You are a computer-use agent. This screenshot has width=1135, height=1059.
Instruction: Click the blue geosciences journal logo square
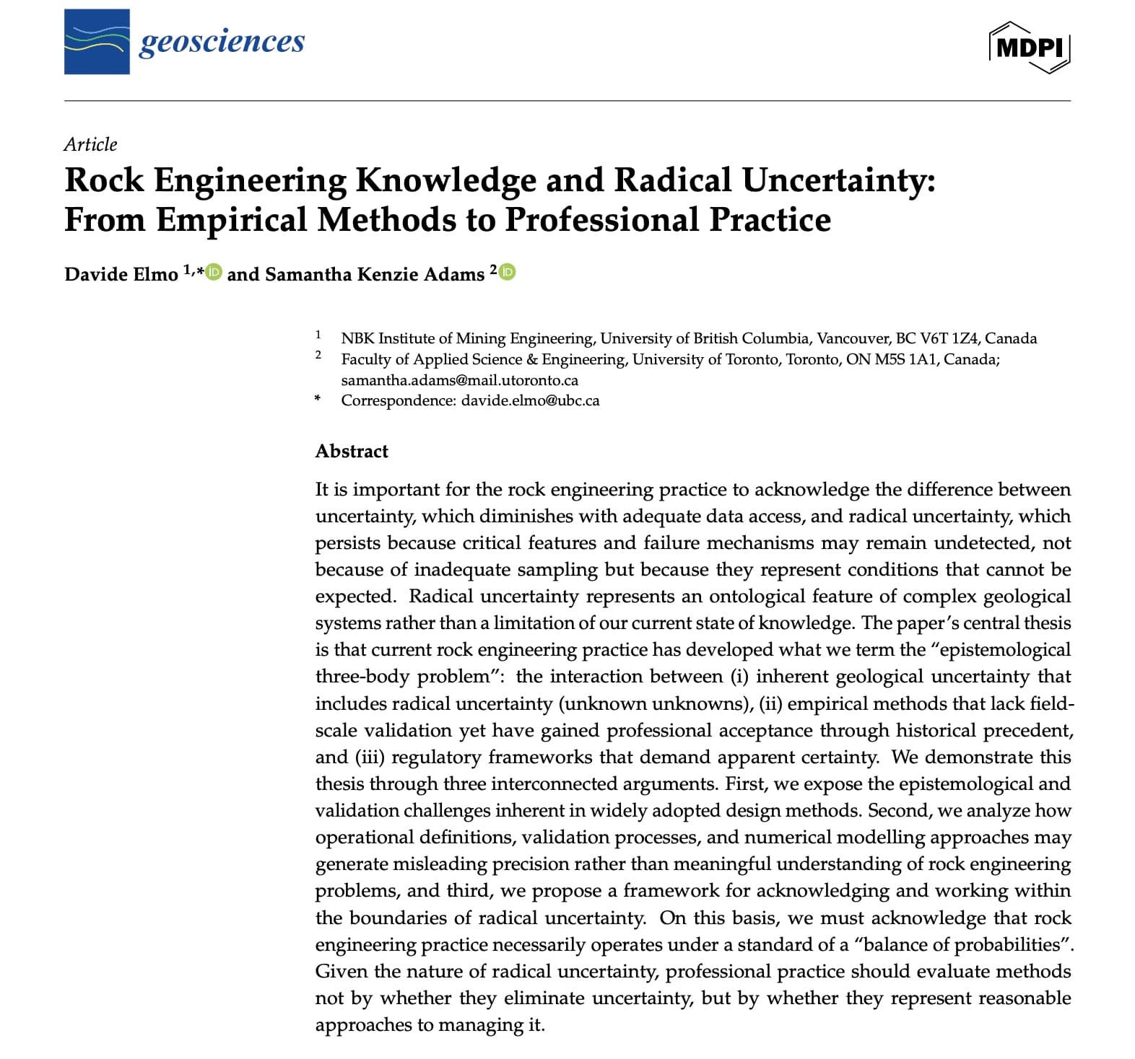coord(97,42)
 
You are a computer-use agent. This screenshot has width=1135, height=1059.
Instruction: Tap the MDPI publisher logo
coord(1029,47)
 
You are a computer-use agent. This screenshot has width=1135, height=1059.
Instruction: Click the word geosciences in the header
coord(222,41)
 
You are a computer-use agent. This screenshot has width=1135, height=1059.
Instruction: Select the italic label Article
coord(90,144)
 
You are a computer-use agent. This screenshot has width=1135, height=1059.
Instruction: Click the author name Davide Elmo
coord(121,274)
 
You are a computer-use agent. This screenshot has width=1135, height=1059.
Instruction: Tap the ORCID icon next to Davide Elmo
coord(214,272)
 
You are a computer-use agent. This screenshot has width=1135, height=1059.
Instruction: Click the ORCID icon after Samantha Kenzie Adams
coord(508,272)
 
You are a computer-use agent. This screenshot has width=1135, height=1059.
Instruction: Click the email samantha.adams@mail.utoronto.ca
coord(460,380)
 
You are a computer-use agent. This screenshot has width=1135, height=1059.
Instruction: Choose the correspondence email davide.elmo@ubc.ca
coord(530,400)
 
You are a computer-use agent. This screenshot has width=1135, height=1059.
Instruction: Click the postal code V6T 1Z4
coord(949,338)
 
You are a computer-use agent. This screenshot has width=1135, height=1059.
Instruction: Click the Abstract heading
coord(352,452)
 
